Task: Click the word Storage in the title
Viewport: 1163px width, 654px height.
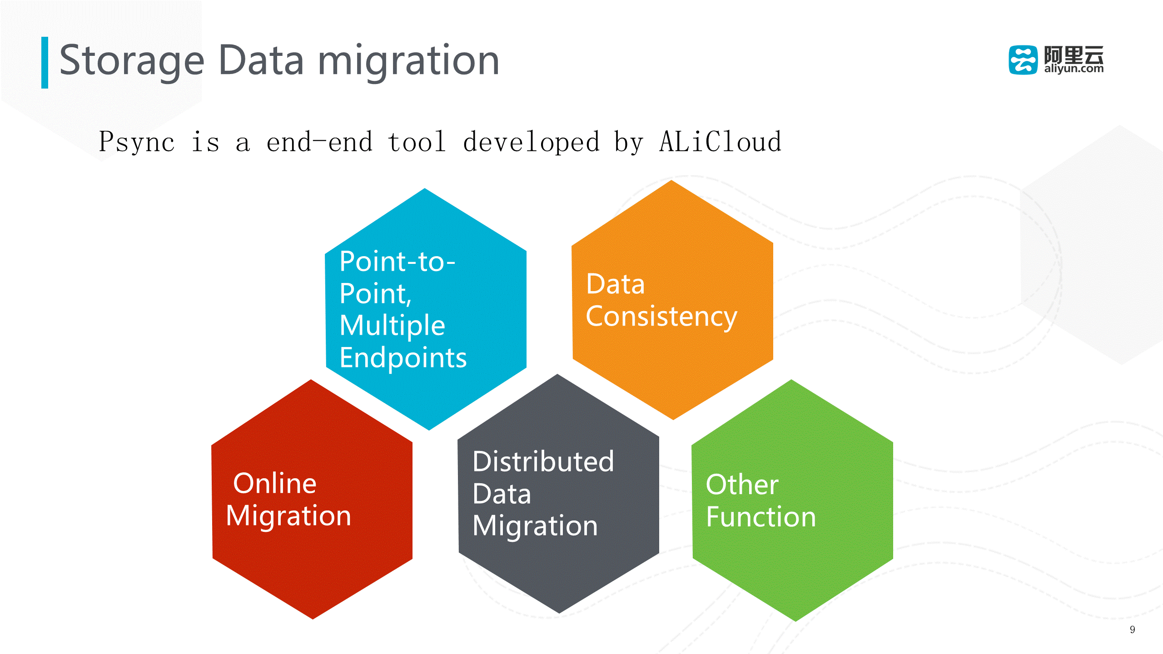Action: tap(132, 61)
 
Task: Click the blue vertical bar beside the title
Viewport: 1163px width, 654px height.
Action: tap(45, 63)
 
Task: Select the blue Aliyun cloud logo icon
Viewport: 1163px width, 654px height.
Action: tap(1023, 60)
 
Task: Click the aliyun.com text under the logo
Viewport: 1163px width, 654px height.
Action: tap(1074, 69)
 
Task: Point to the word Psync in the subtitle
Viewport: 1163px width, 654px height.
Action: tap(136, 143)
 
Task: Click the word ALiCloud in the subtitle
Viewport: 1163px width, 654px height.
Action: tap(720, 142)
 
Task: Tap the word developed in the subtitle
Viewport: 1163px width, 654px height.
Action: tap(531, 142)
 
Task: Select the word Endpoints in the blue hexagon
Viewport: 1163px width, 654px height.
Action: tap(403, 358)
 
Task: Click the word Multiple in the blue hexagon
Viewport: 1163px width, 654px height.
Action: tap(392, 326)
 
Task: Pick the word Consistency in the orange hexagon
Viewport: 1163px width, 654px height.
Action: tap(661, 317)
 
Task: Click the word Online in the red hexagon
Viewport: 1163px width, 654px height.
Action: tap(274, 483)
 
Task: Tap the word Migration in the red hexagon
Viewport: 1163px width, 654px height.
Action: tap(288, 516)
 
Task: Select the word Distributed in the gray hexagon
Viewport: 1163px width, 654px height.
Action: tap(543, 461)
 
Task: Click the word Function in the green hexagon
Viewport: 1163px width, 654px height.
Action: tap(761, 517)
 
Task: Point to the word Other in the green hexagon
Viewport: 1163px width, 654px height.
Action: tap(742, 485)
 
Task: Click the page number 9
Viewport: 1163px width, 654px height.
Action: tap(1132, 629)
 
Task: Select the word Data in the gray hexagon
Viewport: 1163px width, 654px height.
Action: tap(502, 494)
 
